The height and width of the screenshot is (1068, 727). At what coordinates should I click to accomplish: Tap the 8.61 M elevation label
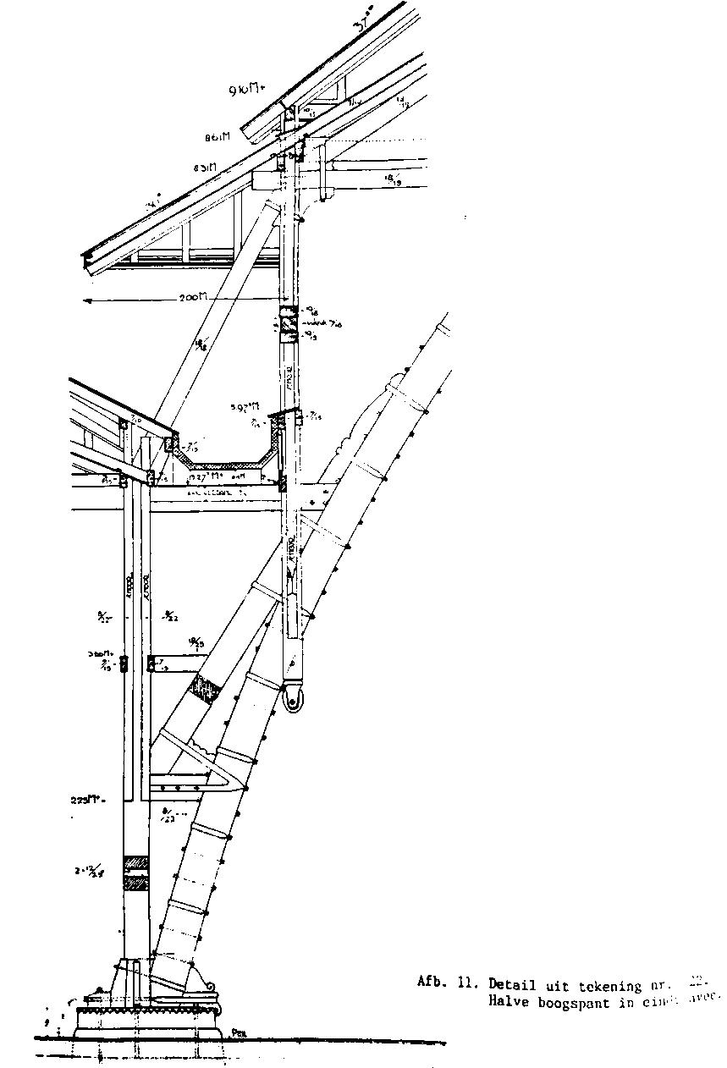tap(218, 136)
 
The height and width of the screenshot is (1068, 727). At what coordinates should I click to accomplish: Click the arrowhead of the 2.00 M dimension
tap(86, 300)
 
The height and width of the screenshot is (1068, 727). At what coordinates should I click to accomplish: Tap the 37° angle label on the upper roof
tap(366, 32)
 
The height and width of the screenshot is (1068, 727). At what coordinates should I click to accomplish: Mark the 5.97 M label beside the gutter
tap(245, 408)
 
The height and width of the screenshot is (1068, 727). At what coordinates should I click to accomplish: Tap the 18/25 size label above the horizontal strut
tap(196, 644)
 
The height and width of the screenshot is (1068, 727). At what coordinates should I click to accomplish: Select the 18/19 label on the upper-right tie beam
tap(394, 180)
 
